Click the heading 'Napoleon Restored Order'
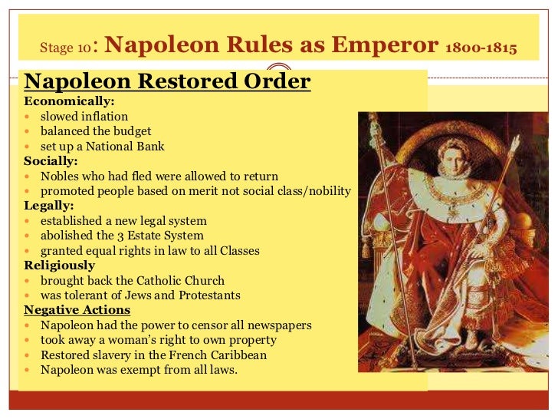coord(167,81)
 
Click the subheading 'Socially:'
coord(51,161)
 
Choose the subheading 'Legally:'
coord(49,206)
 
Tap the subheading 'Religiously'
coord(60,266)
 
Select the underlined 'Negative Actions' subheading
coord(77,310)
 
